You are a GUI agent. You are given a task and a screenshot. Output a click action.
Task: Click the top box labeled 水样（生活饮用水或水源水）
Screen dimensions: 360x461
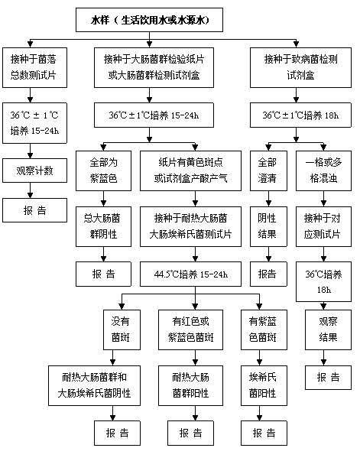pyautogui.click(x=149, y=20)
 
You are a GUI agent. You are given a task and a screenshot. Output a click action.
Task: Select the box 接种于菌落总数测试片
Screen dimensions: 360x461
pyautogui.click(x=34, y=67)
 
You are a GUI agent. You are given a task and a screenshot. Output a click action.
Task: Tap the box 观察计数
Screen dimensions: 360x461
pyautogui.click(x=34, y=170)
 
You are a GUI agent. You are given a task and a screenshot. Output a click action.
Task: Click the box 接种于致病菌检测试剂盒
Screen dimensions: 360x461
pyautogui.click(x=300, y=67)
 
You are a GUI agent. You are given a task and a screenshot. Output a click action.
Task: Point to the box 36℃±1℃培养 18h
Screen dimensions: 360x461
pyautogui.click(x=300, y=115)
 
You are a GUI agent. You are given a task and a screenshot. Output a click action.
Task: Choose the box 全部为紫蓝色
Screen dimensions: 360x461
pyautogui.click(x=103, y=170)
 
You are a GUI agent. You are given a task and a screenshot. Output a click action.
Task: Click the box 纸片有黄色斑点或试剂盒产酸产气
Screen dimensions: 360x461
pyautogui.click(x=191, y=170)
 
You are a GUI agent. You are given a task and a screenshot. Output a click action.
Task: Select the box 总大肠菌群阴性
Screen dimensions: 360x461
pyautogui.click(x=103, y=226)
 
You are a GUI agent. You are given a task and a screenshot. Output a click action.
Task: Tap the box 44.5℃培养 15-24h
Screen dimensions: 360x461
pyautogui.click(x=191, y=274)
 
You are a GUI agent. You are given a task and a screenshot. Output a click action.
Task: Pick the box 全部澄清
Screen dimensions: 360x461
pyautogui.click(x=268, y=170)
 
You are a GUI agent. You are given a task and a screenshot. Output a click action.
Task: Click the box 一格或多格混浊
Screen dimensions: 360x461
pyautogui.click(x=323, y=170)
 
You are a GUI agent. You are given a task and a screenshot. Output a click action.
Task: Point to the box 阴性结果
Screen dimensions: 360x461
pyautogui.click(x=268, y=226)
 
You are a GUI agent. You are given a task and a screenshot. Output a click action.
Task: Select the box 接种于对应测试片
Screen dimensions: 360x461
pyautogui.click(x=323, y=226)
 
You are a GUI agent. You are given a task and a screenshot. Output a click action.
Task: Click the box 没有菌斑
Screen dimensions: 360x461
pyautogui.click(x=122, y=330)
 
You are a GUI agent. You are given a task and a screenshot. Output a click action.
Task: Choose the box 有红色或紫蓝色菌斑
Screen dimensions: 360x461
pyautogui.click(x=191, y=330)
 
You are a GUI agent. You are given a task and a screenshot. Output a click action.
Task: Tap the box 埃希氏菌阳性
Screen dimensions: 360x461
pyautogui.click(x=264, y=385)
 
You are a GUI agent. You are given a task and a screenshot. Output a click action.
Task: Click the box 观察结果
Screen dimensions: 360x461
pyautogui.click(x=328, y=330)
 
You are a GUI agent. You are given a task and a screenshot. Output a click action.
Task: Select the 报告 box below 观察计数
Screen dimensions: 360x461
pyautogui.click(x=34, y=210)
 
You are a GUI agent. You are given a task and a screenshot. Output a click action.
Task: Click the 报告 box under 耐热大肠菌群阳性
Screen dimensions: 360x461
pyautogui.click(x=191, y=433)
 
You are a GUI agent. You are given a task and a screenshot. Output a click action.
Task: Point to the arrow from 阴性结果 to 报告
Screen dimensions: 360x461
pyautogui.click(x=268, y=254)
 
